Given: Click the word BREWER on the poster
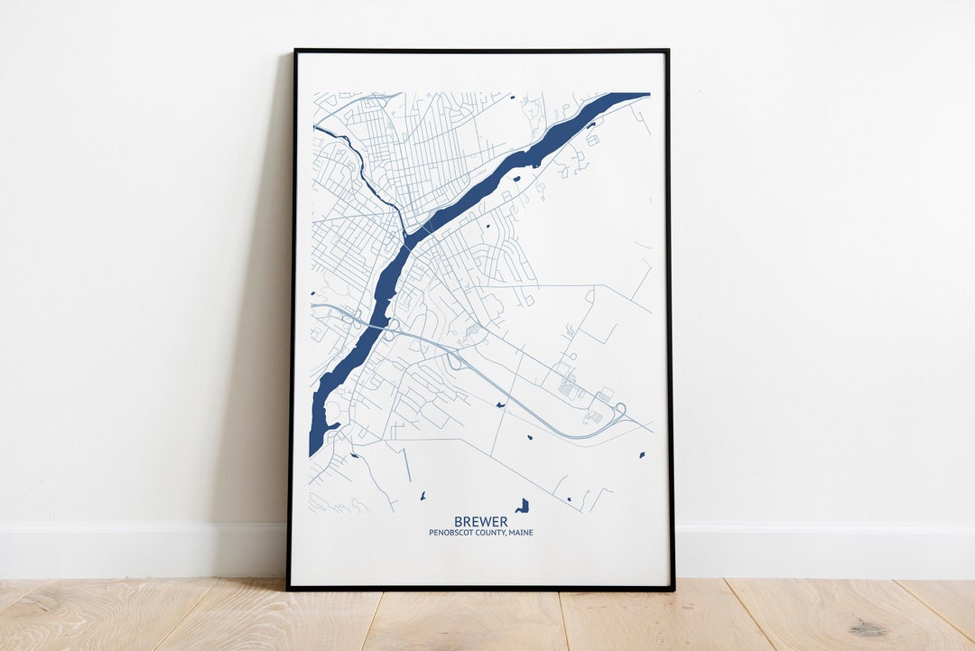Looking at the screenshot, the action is [480, 522].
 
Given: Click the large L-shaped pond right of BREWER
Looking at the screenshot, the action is [522, 506].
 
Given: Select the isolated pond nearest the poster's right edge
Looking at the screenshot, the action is [642, 454].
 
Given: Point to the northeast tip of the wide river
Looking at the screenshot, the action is [643, 95].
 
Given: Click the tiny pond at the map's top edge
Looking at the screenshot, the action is [511, 97].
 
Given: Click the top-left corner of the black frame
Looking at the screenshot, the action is [295, 51].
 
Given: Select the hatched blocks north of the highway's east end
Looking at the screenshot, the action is [568, 389].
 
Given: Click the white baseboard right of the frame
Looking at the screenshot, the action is [812, 551].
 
